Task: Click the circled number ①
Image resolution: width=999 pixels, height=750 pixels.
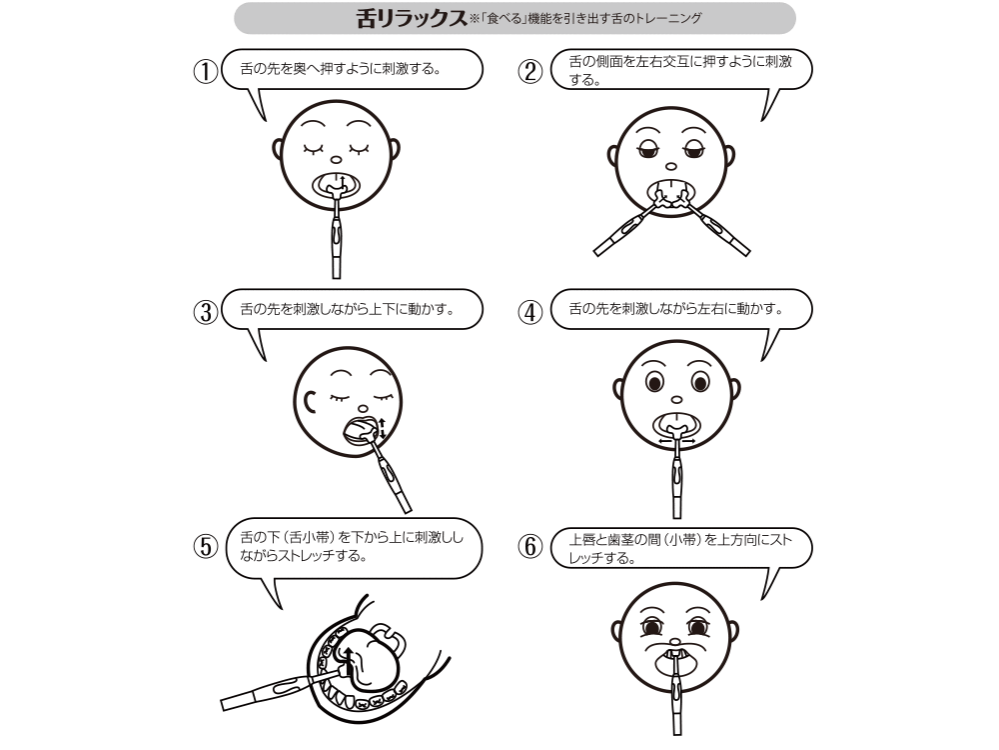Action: [205, 72]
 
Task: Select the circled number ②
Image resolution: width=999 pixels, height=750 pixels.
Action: [530, 72]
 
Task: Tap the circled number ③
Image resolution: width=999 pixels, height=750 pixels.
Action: [205, 311]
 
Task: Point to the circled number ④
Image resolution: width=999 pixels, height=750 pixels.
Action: [530, 311]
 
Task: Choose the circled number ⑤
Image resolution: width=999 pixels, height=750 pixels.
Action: [205, 547]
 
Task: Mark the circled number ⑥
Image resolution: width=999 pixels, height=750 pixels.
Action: [530, 547]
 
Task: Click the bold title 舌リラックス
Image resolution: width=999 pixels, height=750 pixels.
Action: [411, 18]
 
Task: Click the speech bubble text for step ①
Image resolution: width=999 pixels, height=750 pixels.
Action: [341, 70]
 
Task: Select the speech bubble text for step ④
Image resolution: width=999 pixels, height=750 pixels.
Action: [674, 309]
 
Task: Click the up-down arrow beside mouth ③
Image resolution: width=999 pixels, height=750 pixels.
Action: [381, 427]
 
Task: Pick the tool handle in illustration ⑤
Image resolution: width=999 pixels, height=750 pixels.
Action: [264, 690]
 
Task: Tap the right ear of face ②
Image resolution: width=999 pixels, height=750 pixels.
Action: [734, 157]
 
